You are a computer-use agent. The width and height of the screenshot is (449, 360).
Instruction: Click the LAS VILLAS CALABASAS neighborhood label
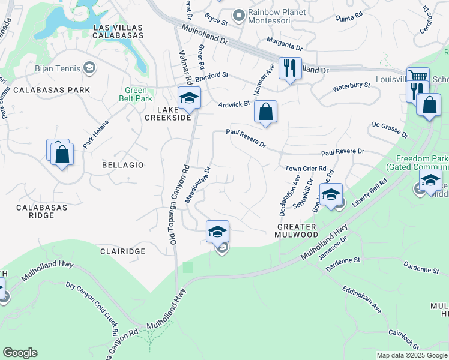[x=118, y=31]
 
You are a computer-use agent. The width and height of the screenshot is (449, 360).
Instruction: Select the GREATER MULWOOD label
[x=297, y=230]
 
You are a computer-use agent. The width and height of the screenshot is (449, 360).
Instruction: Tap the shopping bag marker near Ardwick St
[x=265, y=112]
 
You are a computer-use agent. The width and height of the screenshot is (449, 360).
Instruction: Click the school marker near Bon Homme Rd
[x=330, y=194]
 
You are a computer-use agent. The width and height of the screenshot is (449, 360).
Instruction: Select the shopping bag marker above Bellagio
[x=62, y=155]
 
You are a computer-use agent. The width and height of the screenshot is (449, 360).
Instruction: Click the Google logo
[x=20, y=353]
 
